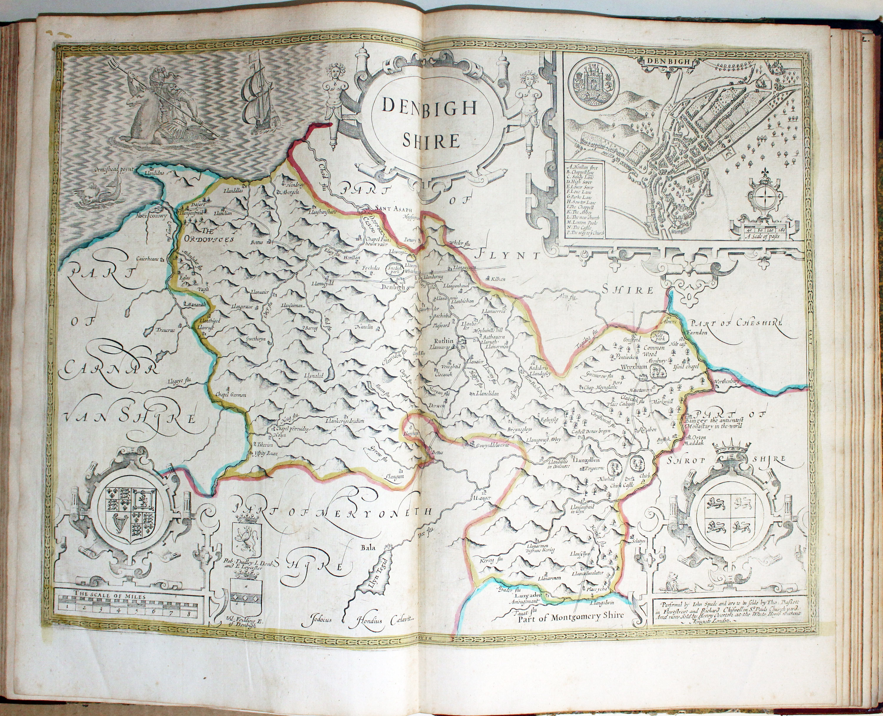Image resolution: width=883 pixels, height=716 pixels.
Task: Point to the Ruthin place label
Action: point(444,341)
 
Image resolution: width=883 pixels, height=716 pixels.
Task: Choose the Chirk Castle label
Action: point(622,486)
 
